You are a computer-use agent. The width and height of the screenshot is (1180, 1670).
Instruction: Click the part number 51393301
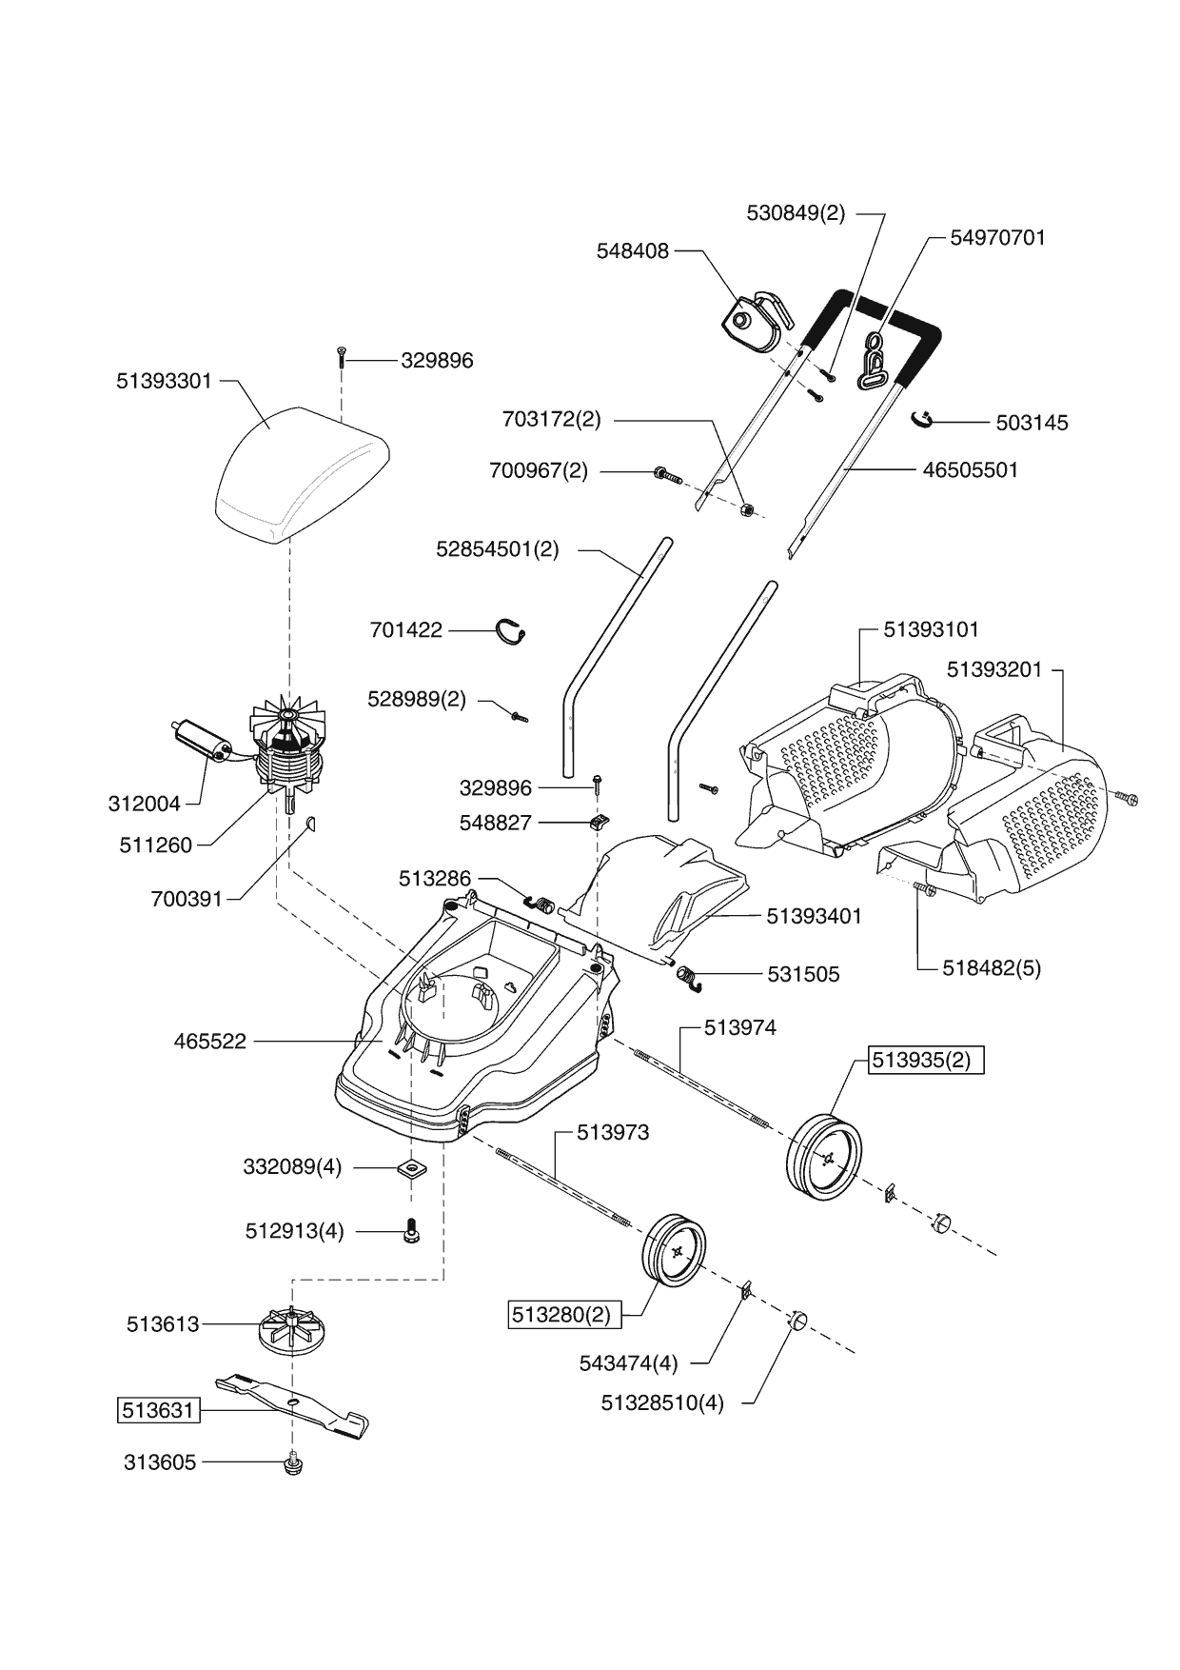(164, 381)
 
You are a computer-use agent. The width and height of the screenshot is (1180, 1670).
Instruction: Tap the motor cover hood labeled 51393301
(300, 471)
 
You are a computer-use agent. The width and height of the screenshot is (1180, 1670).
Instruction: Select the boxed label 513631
(159, 1409)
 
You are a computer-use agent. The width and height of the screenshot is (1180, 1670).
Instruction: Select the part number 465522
(209, 1042)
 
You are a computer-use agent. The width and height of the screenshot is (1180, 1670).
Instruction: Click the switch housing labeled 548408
(753, 317)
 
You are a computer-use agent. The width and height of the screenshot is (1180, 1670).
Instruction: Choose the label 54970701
(997, 238)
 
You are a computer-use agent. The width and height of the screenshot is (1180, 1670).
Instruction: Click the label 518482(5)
(992, 968)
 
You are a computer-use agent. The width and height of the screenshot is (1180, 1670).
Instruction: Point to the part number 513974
(740, 1027)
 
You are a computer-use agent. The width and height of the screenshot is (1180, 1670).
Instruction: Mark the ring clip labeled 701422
(515, 631)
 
